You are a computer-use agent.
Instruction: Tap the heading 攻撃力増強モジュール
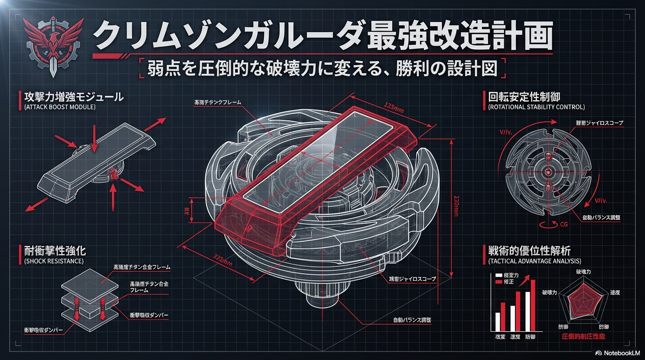[x=74, y=97]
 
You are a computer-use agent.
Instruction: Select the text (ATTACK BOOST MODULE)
[x=60, y=107]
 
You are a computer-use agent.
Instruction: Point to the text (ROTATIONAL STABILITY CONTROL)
[x=536, y=107]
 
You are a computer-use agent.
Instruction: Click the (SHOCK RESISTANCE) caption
[x=53, y=261]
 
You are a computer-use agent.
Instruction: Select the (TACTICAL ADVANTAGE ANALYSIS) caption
[x=534, y=261]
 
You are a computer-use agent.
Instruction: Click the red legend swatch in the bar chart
[x=498, y=281]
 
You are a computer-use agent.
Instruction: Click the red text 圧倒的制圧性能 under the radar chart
[x=583, y=337]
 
